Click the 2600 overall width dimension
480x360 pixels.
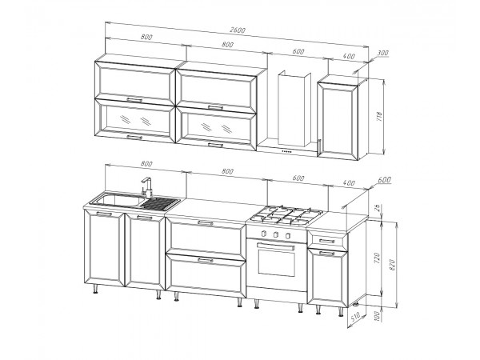(x=238, y=30)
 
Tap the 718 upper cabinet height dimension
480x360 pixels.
(x=379, y=117)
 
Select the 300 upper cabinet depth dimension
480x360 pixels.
(x=382, y=53)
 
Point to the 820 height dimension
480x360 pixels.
(x=393, y=265)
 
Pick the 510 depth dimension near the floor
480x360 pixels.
(x=355, y=319)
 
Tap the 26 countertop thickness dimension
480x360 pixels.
(x=378, y=209)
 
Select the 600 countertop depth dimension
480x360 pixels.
(x=384, y=179)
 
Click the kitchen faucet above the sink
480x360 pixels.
(x=147, y=186)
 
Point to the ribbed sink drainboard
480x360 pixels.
(x=161, y=203)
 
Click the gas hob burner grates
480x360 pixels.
(x=287, y=215)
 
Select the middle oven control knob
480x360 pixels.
(x=275, y=234)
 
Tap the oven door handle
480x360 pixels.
(x=275, y=246)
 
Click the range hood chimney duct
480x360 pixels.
(x=294, y=110)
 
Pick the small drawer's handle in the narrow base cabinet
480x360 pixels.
(x=327, y=242)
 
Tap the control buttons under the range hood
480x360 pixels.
(x=286, y=151)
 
